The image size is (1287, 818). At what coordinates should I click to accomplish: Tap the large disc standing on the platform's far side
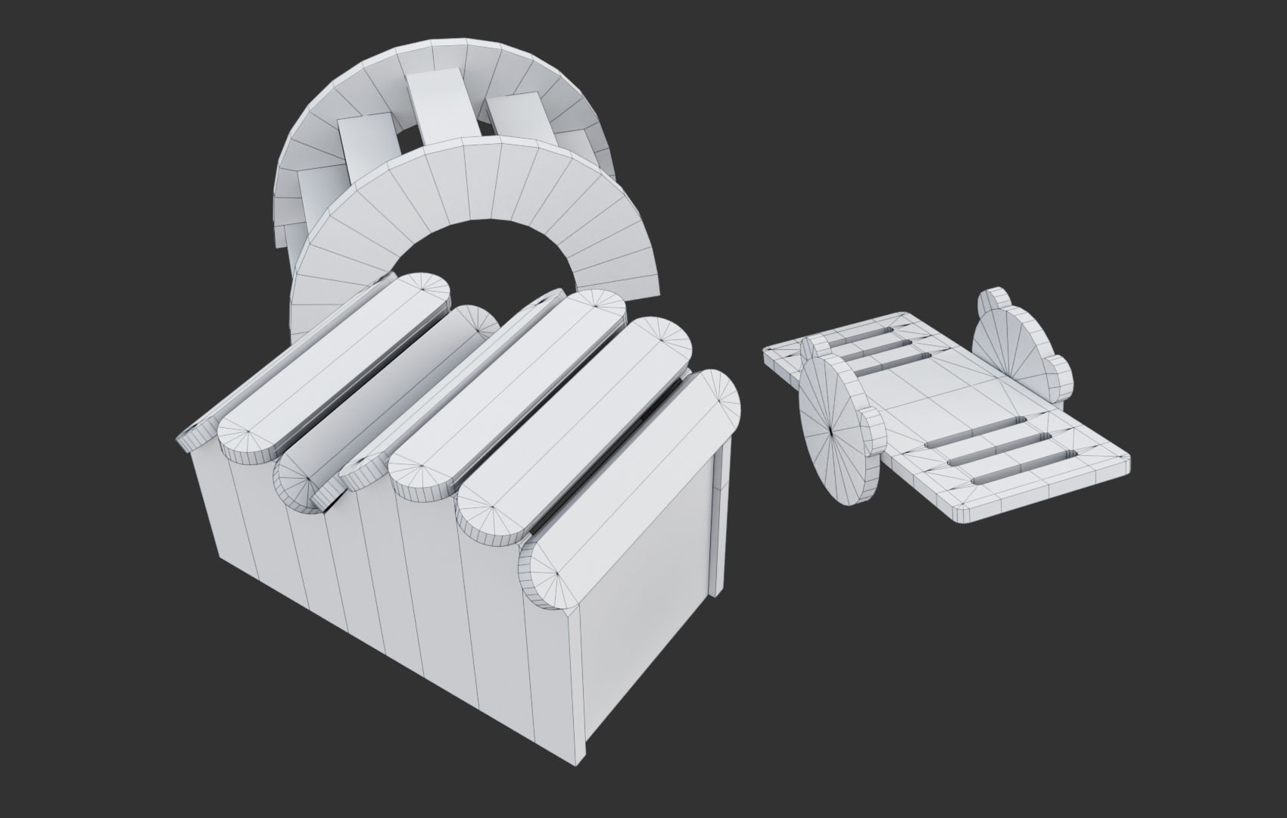click(x=1011, y=345)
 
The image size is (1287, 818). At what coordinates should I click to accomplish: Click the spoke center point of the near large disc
click(x=830, y=430)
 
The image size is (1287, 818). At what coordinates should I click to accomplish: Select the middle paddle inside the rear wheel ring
click(x=437, y=106)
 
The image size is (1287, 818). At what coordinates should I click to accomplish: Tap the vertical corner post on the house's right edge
click(x=720, y=523)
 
